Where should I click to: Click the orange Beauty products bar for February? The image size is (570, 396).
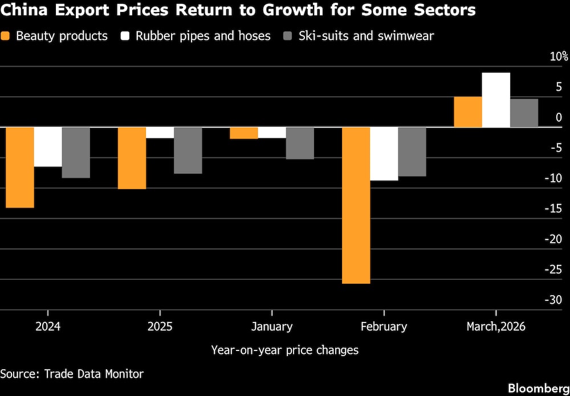[x=356, y=205]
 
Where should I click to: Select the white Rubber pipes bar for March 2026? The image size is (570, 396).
[x=496, y=100]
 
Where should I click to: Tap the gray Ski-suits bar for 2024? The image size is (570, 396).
[x=76, y=152]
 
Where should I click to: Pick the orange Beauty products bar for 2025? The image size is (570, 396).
[x=132, y=158]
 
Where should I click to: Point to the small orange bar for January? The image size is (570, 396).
[x=243, y=133]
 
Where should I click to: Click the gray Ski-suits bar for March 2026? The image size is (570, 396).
[x=524, y=113]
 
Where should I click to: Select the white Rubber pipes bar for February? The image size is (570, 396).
[x=384, y=153]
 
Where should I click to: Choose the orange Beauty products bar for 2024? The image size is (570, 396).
[x=19, y=167]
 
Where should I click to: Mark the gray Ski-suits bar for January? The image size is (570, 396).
[x=300, y=142]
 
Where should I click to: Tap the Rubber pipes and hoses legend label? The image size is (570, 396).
[x=203, y=36]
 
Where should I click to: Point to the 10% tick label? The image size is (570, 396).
[x=559, y=56]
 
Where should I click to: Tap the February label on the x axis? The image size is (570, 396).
[x=384, y=326]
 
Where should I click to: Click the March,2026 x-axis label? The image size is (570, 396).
[x=495, y=326]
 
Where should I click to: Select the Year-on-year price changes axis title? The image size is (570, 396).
[x=284, y=350]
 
